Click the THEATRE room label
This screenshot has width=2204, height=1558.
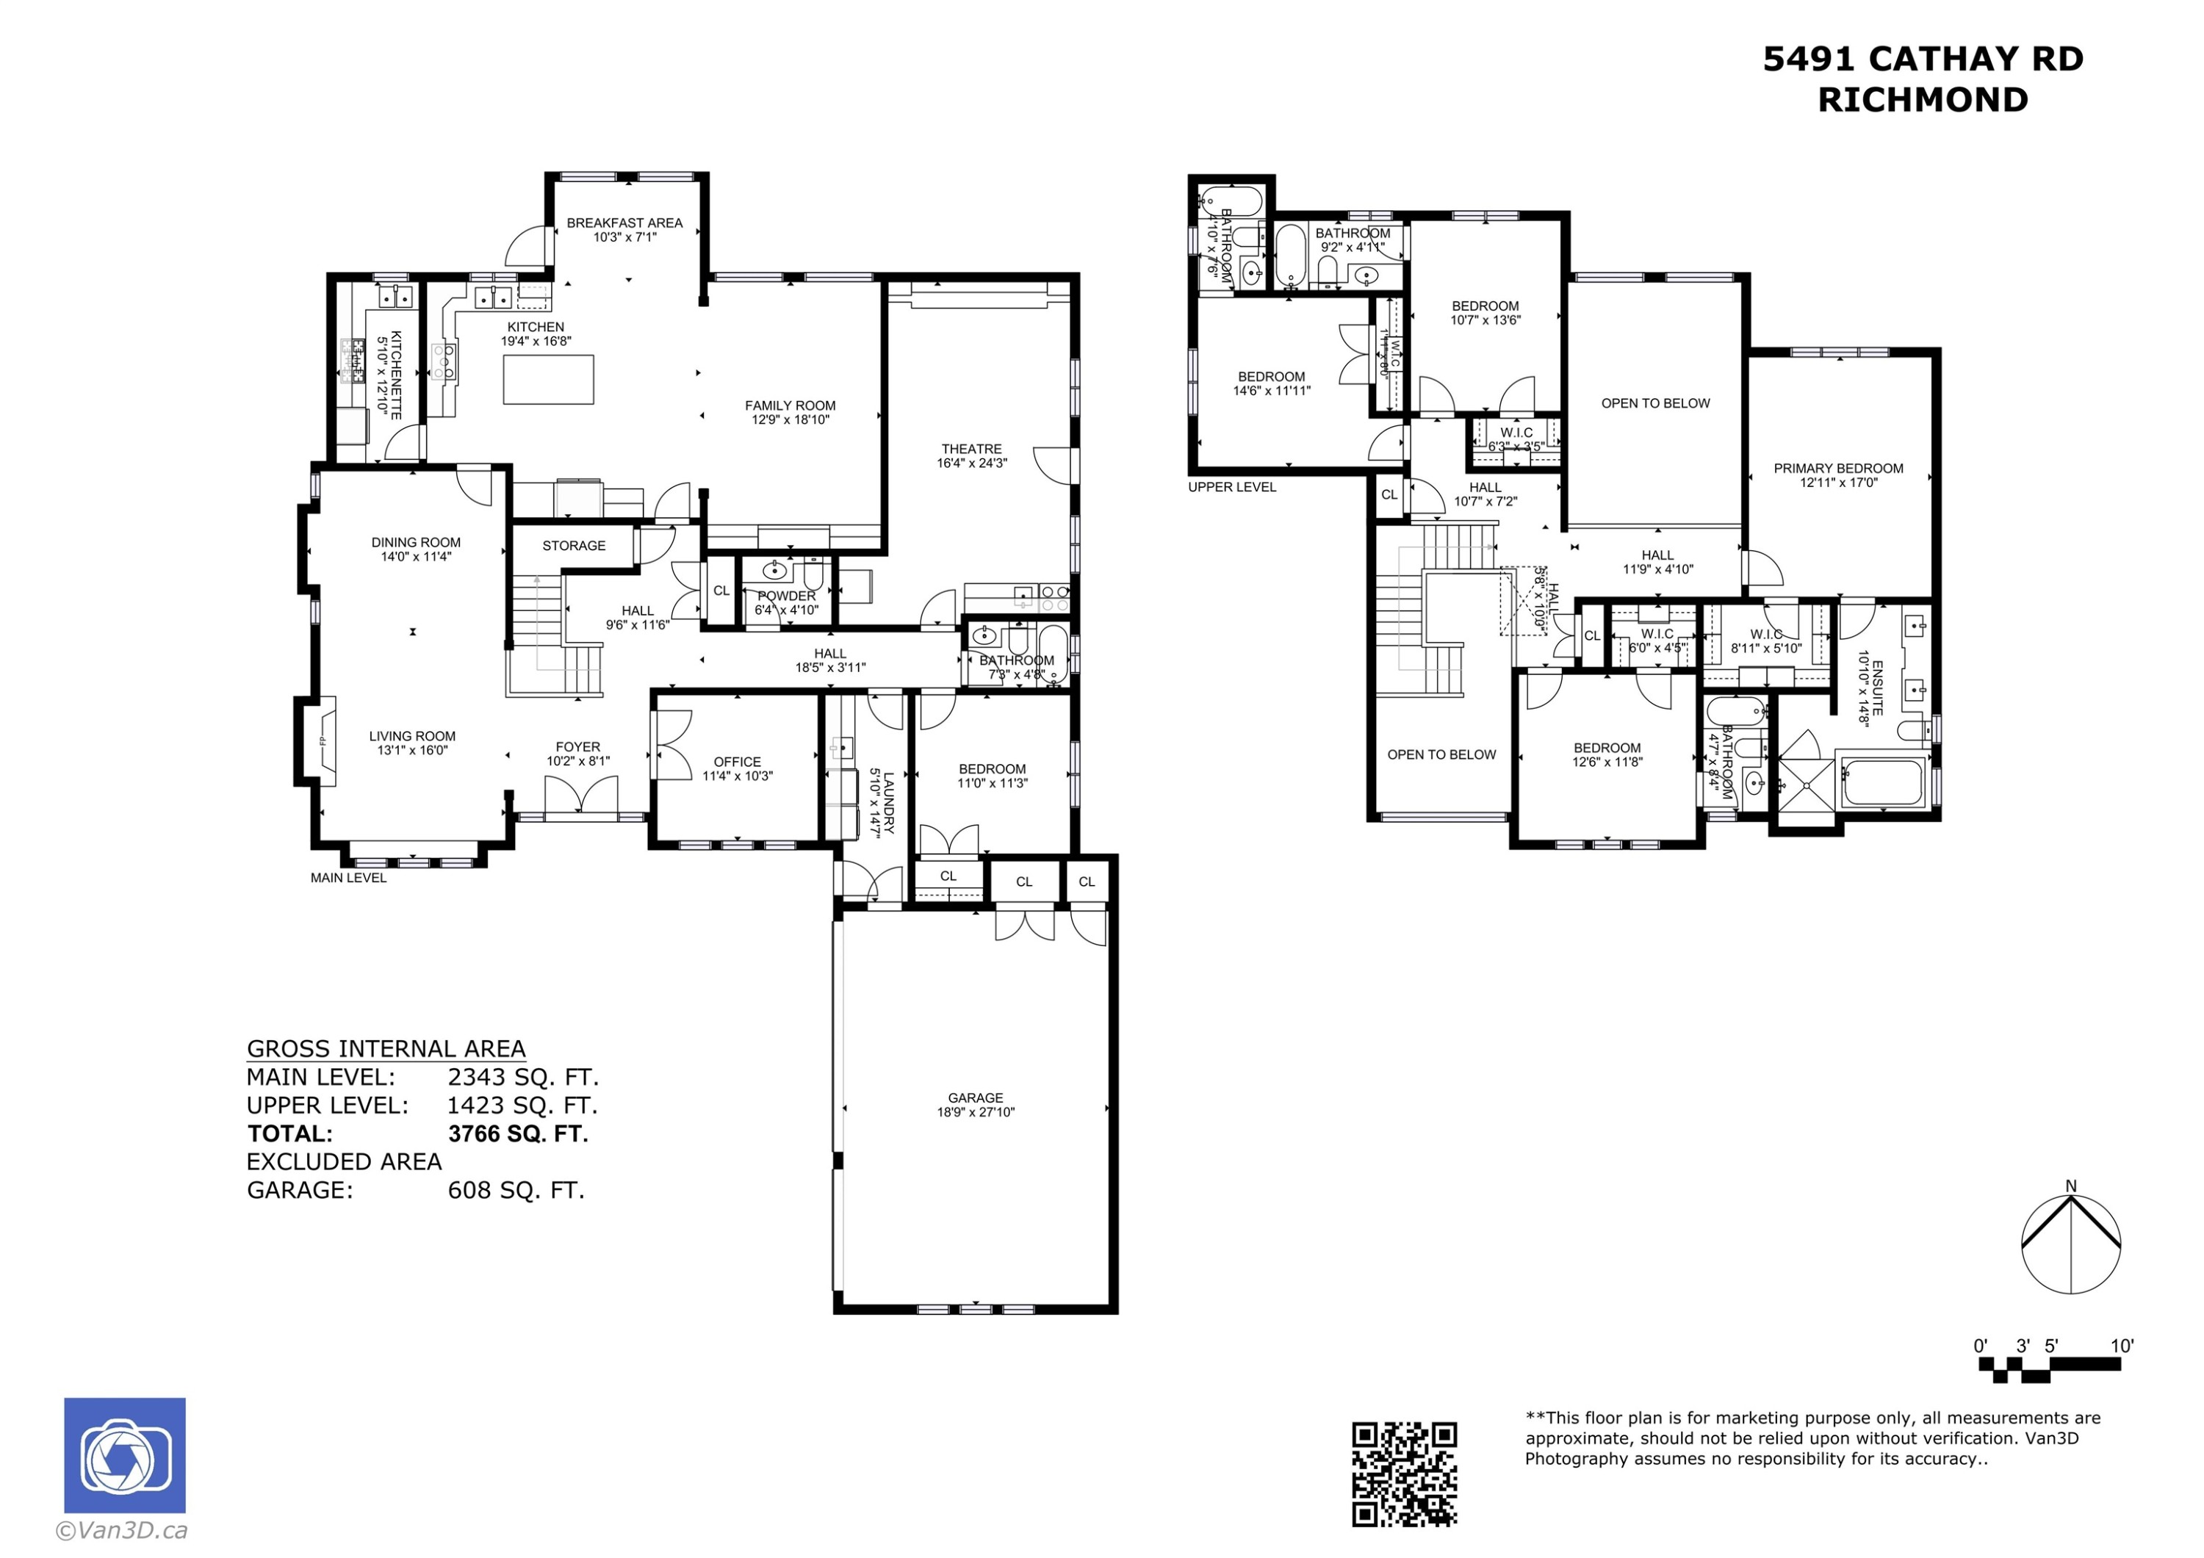[x=970, y=448]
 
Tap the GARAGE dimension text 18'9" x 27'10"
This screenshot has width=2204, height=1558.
[x=976, y=1113]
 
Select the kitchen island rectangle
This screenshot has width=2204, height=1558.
[x=548, y=379]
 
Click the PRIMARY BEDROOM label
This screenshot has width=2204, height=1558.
[x=1837, y=469]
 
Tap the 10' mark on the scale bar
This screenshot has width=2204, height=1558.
[x=2122, y=1346]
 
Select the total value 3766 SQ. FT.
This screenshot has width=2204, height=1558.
[x=517, y=1133]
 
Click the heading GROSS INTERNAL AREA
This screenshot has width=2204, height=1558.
[x=386, y=1048]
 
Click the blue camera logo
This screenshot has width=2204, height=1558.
[x=125, y=1454]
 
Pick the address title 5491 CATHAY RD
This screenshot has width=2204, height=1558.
[x=1923, y=59]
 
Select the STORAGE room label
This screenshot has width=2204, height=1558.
[x=573, y=545]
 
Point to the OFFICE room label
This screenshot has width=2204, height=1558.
[x=736, y=761]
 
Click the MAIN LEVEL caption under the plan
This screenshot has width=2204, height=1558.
[x=348, y=877]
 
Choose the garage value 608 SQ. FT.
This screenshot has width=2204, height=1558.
[x=516, y=1190]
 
